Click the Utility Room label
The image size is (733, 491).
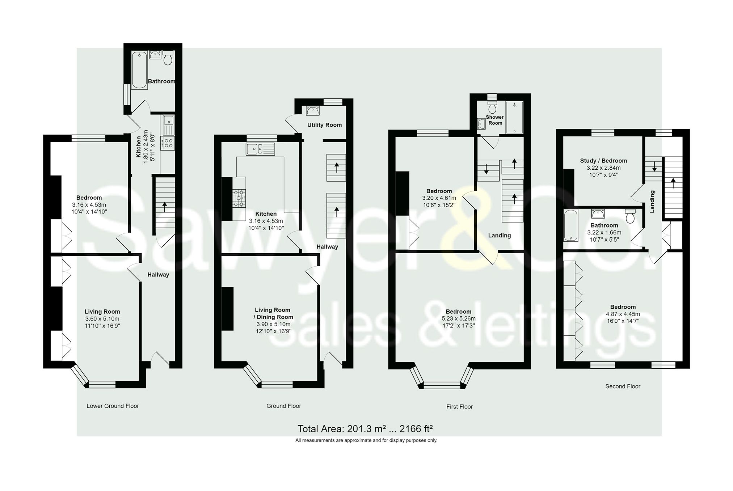(x=324, y=125)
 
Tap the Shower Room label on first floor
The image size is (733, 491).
(x=495, y=120)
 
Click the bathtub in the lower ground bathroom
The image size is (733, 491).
(x=139, y=70)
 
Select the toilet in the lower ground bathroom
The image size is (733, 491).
(x=168, y=58)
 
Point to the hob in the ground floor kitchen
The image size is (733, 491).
(x=239, y=198)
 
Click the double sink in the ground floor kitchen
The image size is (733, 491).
(x=260, y=149)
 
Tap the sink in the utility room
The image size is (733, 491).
(x=312, y=110)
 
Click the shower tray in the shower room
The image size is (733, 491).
(x=514, y=118)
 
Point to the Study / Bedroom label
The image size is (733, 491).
(x=603, y=161)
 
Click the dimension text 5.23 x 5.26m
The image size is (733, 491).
(x=459, y=318)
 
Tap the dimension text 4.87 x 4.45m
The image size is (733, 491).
(x=623, y=314)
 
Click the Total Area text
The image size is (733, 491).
(x=365, y=429)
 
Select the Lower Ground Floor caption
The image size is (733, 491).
(x=113, y=406)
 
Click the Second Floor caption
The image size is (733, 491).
(x=623, y=386)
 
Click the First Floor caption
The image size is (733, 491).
(x=459, y=407)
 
